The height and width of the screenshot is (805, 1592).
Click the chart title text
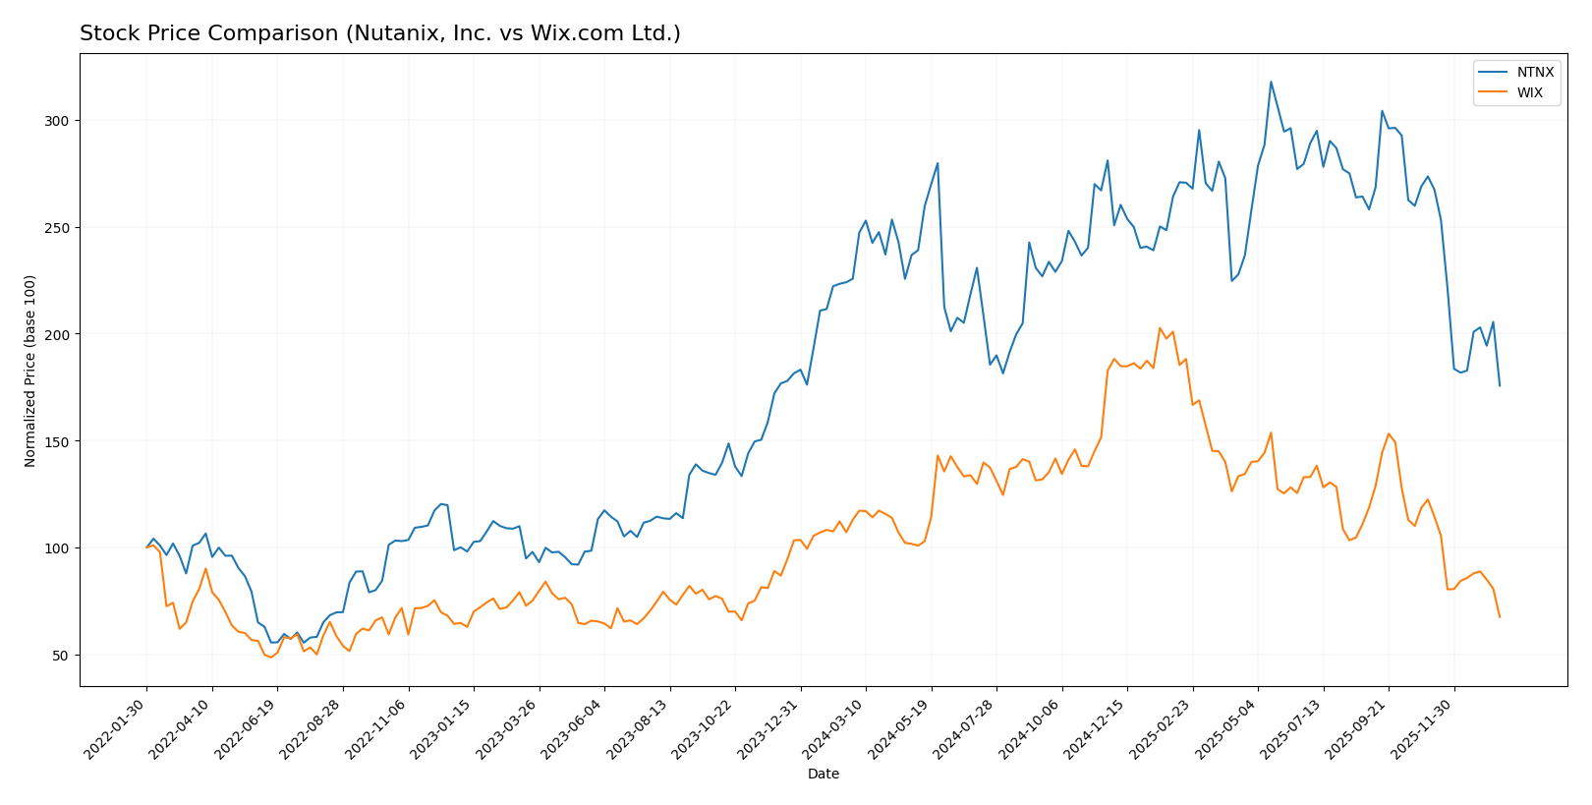pos(379,34)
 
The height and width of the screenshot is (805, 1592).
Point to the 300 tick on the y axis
pos(58,121)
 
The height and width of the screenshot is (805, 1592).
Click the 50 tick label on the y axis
pos(62,656)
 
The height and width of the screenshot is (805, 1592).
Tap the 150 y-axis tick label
pos(58,441)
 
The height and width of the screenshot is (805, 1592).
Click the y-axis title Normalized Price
pos(30,371)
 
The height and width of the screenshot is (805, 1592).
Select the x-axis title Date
pos(823,775)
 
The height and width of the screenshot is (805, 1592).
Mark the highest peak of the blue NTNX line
pos(1270,83)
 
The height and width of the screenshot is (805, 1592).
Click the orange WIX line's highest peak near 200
pos(1160,328)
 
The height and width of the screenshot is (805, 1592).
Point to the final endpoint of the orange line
pos(1499,617)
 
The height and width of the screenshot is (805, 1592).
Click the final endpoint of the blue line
pos(1499,385)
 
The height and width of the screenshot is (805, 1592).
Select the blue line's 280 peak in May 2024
pos(937,164)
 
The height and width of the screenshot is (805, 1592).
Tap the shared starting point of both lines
pos(147,547)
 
